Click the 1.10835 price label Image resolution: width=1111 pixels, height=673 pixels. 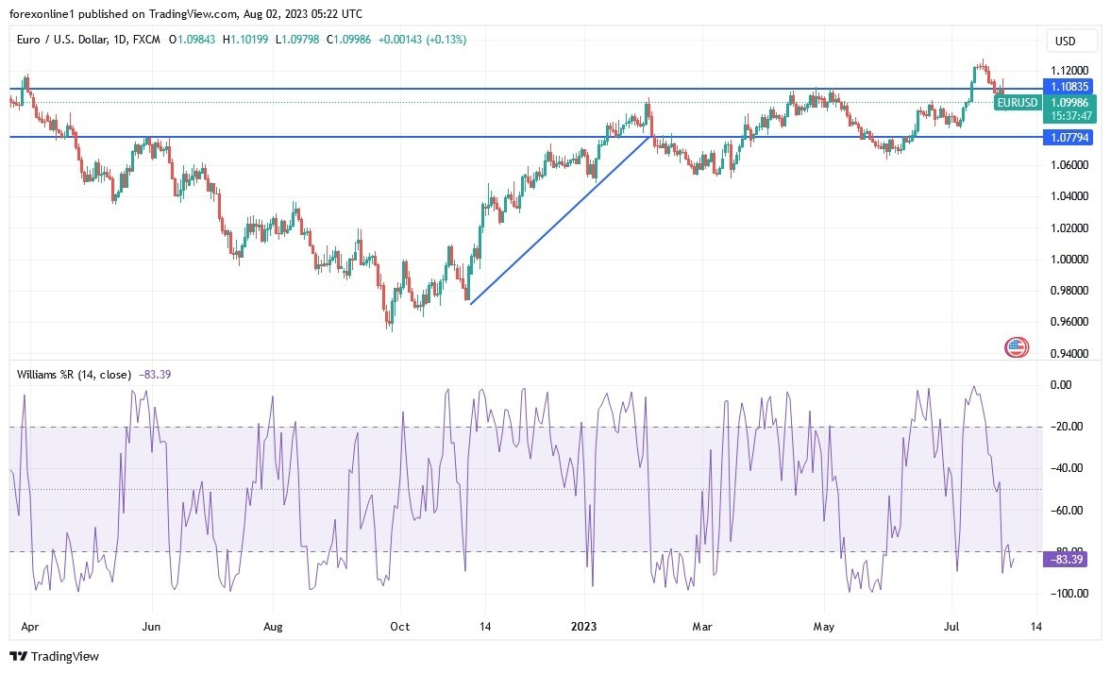point(1068,86)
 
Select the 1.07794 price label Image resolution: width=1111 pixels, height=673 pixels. point(1068,137)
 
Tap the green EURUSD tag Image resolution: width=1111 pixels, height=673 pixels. point(1018,103)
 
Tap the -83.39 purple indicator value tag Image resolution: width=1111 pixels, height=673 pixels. point(1068,560)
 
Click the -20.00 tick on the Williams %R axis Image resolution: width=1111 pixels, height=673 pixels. point(1068,427)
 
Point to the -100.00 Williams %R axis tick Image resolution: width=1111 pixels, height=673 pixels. point(1068,594)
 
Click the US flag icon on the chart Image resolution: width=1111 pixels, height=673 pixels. point(1016,347)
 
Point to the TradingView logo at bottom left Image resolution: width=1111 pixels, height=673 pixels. point(55,656)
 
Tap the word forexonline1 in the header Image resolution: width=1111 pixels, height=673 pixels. point(41,14)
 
